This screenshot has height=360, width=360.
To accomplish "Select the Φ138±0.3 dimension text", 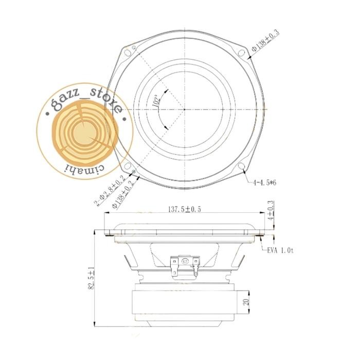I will [264, 42].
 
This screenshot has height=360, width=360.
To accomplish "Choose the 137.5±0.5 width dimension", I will [185, 209].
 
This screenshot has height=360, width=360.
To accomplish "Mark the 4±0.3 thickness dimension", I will [271, 210].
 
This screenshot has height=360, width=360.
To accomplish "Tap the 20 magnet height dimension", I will [246, 302].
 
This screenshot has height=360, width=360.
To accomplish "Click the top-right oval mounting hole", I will [240, 51].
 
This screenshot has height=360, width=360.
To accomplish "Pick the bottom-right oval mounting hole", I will [241, 166].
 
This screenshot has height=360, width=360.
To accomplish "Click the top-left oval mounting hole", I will [127, 51].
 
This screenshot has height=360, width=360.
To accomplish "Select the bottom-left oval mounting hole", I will [125, 166].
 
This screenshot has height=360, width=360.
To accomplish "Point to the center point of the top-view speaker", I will [184, 109].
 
